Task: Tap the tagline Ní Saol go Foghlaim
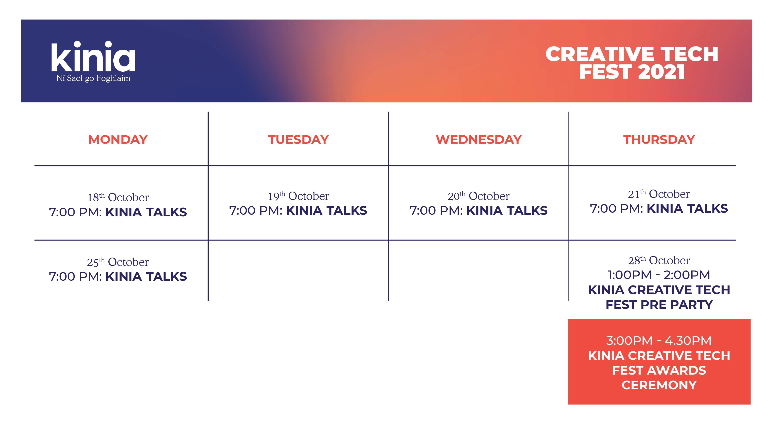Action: pyautogui.click(x=93, y=78)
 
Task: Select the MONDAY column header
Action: pyautogui.click(x=118, y=139)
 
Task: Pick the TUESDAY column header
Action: pyautogui.click(x=298, y=139)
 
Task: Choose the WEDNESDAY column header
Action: pyautogui.click(x=479, y=139)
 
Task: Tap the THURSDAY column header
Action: pyautogui.click(x=659, y=139)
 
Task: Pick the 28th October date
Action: pyautogui.click(x=659, y=261)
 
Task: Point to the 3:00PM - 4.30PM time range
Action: pyautogui.click(x=659, y=341)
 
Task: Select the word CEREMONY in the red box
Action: pyautogui.click(x=659, y=385)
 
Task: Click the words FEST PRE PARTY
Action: pyautogui.click(x=659, y=305)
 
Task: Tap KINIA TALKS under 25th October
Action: pyautogui.click(x=146, y=277)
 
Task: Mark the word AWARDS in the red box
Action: pyautogui.click(x=676, y=370)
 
